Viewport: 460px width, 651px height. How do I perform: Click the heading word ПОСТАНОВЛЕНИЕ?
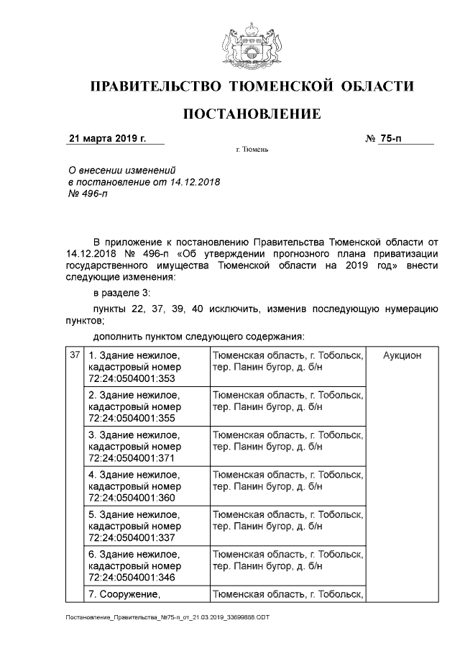coord(252,114)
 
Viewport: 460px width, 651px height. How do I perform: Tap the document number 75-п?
coord(390,139)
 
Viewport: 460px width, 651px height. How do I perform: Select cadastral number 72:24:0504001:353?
coord(132,378)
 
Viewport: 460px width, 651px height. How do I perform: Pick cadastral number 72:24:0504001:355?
coord(132,418)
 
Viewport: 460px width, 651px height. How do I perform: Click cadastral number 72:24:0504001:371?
coord(132,457)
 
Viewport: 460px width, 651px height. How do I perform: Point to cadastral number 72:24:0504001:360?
coord(132,497)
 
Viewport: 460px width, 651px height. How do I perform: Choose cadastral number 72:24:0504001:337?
coord(132,537)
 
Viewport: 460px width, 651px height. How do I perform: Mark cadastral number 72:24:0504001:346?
coord(132,576)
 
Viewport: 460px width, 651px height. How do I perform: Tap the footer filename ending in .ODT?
coord(167,617)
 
